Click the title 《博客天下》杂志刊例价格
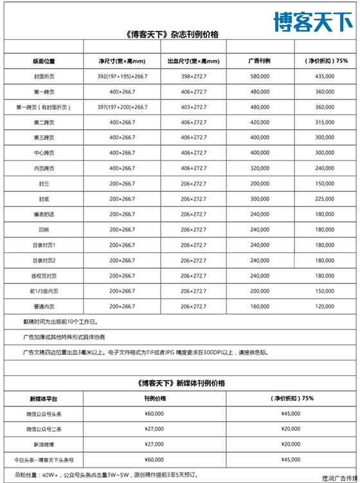coord(172,35)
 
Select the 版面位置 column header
coord(44,61)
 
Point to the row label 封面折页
coord(44,76)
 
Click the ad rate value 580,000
coord(260,76)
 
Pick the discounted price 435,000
coord(325,76)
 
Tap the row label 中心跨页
coord(44,153)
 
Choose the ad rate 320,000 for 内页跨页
coord(260,168)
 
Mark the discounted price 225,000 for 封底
coord(325,198)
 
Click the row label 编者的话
coord(44,214)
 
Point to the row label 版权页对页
coord(44,276)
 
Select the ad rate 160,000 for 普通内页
coord(260,306)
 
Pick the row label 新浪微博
coord(44,444)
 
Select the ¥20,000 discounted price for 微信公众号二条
coord(291,429)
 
